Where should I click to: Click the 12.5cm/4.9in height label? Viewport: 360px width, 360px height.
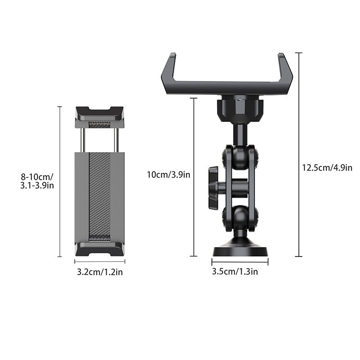327,167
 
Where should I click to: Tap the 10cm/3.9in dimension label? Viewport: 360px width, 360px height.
168,175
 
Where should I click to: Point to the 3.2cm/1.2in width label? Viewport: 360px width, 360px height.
99,272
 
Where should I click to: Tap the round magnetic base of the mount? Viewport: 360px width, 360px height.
240,249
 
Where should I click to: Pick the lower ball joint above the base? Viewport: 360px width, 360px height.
240,217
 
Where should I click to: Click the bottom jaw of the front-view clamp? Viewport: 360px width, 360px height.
99,248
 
